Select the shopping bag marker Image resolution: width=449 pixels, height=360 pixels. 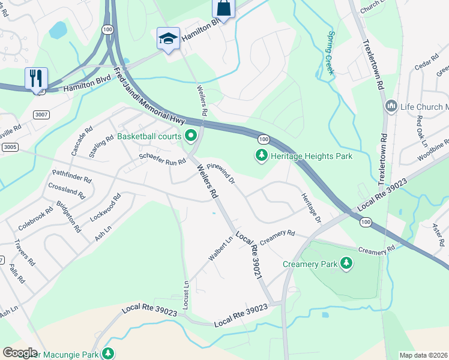(223, 8)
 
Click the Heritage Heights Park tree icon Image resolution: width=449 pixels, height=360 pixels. (261, 156)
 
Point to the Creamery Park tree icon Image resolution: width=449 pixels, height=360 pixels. (346, 263)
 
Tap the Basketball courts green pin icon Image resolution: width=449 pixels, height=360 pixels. (191, 136)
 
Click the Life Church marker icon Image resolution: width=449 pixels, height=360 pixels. (391, 107)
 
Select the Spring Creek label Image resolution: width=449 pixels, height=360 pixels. (330, 53)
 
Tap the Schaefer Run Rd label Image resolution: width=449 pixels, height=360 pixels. (163, 158)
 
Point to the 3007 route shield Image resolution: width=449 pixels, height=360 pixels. (41, 114)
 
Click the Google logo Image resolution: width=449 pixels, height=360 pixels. (19, 353)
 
